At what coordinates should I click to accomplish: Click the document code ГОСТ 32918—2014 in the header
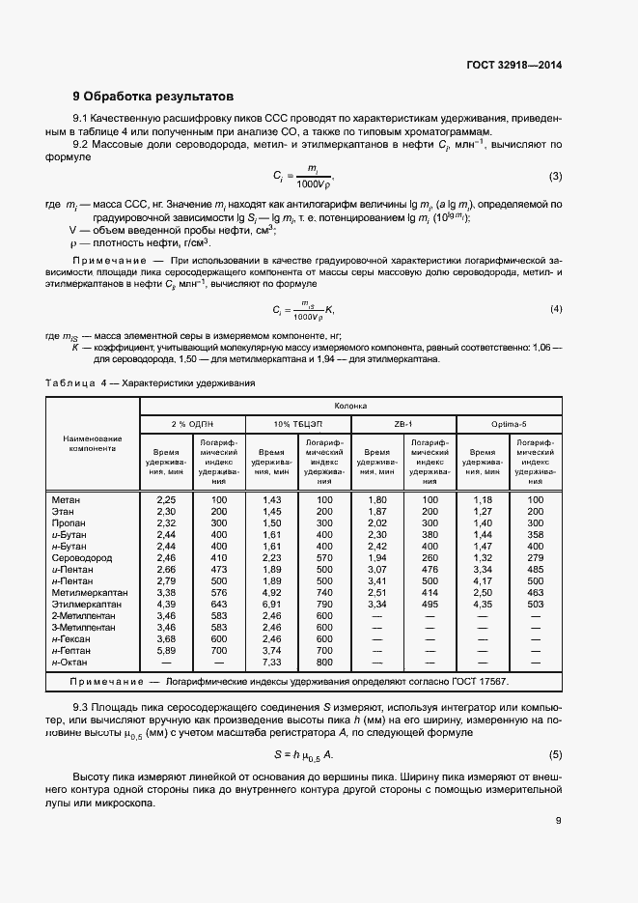click(x=513, y=67)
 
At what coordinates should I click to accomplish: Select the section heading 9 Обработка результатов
click(x=153, y=97)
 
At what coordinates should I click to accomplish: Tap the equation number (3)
click(x=555, y=176)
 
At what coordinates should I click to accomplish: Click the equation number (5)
click(x=555, y=753)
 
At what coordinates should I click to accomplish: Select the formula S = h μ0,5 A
click(x=304, y=753)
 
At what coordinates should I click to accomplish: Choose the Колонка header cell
click(x=350, y=407)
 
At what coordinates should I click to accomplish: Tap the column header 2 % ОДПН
click(x=192, y=424)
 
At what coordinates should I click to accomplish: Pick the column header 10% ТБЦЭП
click(x=297, y=424)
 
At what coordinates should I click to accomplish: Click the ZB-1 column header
click(x=403, y=424)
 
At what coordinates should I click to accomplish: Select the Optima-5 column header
click(x=509, y=424)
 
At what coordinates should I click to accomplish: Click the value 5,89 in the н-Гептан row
click(x=165, y=651)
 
